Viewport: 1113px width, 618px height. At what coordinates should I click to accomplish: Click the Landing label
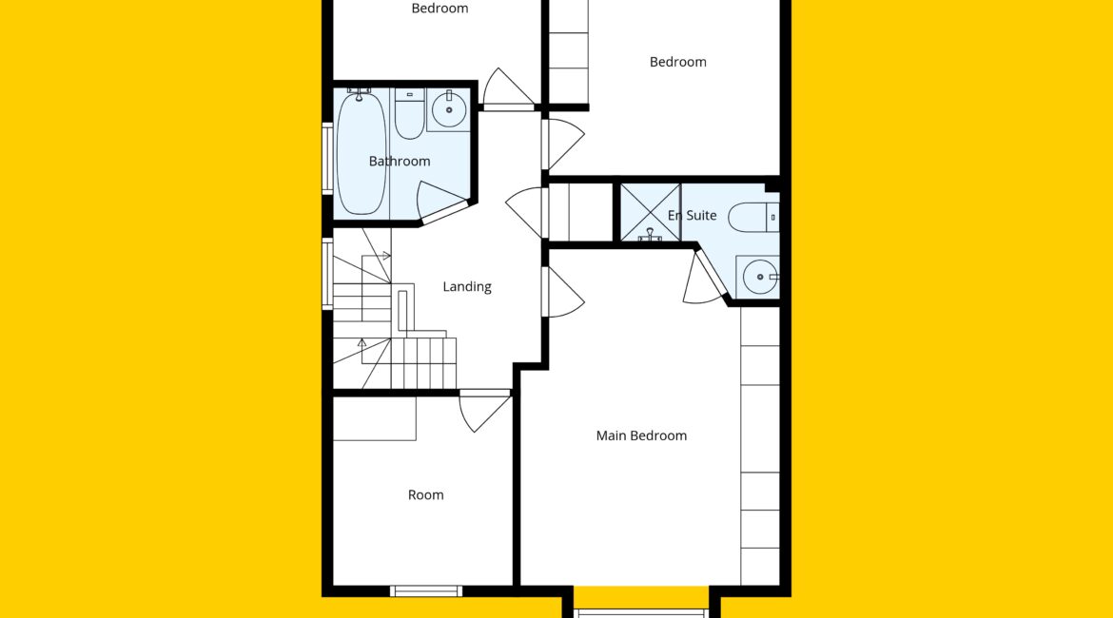point(466,286)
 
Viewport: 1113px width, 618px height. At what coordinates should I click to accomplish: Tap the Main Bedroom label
point(641,435)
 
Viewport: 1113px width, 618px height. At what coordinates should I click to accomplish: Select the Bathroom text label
point(399,161)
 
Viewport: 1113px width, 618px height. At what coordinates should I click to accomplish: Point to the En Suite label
point(693,215)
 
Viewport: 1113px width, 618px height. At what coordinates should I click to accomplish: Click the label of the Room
point(425,495)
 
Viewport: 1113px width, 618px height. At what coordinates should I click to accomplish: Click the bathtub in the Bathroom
point(361,152)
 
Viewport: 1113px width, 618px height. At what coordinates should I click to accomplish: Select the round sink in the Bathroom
point(449,109)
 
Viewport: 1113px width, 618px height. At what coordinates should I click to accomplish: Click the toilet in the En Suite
point(753,218)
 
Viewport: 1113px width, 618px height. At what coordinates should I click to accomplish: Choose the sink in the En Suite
point(758,277)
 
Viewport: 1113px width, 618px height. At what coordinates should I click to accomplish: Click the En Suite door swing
point(703,279)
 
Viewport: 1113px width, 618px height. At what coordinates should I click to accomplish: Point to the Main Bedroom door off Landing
point(564,292)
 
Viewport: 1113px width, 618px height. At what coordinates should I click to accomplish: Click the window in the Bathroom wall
point(327,158)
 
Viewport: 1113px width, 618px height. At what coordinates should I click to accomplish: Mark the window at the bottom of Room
point(426,590)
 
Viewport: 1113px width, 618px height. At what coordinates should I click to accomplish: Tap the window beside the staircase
point(327,273)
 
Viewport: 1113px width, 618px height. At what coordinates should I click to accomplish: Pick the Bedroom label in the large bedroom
point(678,62)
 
